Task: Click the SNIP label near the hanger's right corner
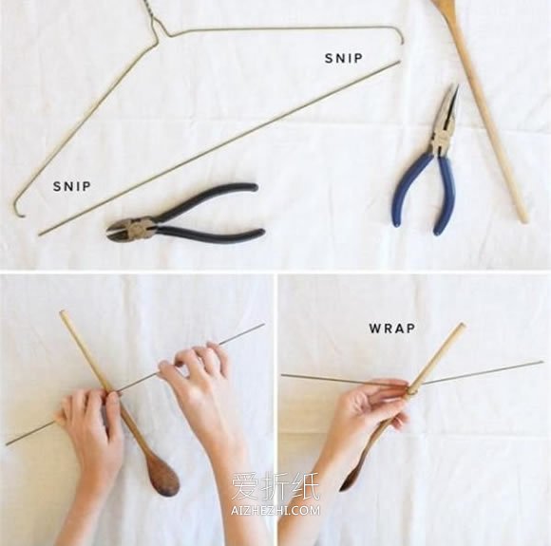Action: [343, 58]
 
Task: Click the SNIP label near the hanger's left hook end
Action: [72, 186]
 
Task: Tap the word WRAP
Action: [391, 329]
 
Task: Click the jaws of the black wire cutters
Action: [119, 232]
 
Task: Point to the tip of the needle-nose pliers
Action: [458, 85]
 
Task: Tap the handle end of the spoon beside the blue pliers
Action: [523, 218]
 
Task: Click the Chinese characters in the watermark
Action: [275, 486]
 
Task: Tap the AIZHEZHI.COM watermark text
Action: [275, 510]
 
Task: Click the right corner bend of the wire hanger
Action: [402, 34]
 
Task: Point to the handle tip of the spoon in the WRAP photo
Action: [462, 327]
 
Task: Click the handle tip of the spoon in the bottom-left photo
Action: [64, 313]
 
